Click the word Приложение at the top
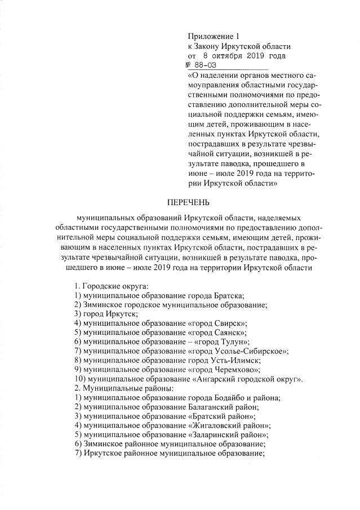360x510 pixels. pos(208,37)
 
